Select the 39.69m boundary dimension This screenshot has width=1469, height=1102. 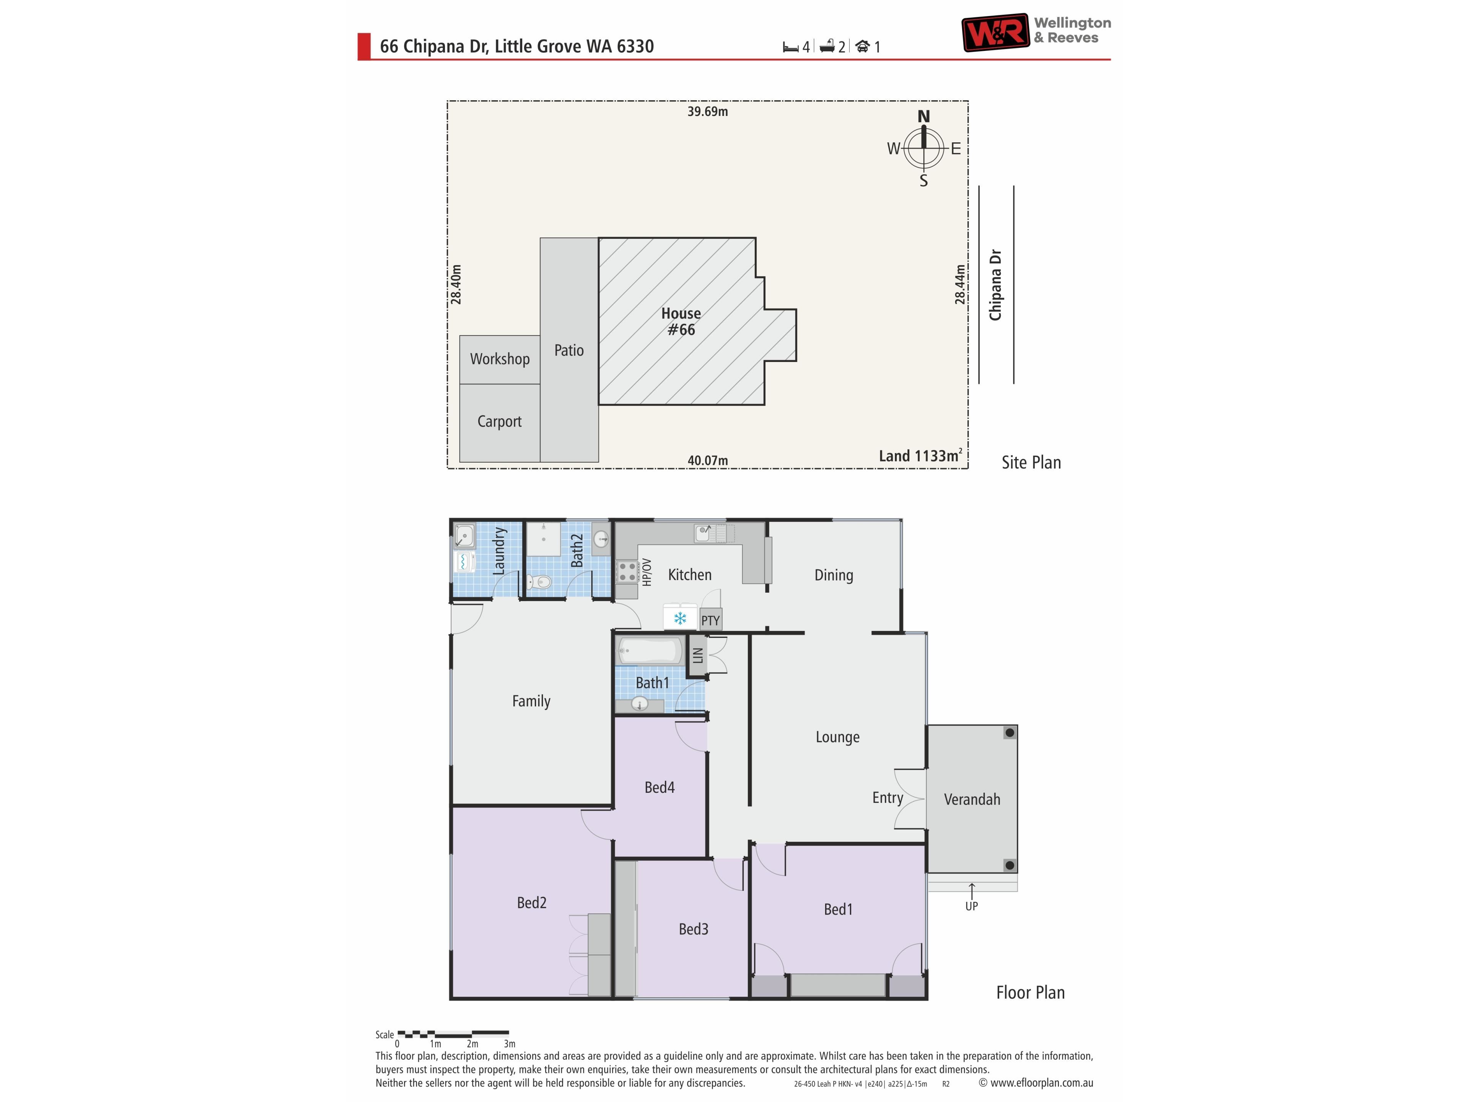pyautogui.click(x=707, y=112)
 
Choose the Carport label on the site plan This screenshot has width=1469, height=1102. pyautogui.click(x=499, y=421)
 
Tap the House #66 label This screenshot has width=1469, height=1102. pyautogui.click(x=681, y=321)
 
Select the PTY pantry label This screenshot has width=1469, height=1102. pyautogui.click(x=710, y=620)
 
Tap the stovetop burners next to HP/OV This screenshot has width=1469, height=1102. pyautogui.click(x=627, y=572)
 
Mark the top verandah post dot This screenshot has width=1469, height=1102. pyautogui.click(x=1010, y=733)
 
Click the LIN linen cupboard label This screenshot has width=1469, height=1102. pyautogui.click(x=697, y=655)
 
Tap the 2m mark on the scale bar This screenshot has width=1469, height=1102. pyautogui.click(x=472, y=1043)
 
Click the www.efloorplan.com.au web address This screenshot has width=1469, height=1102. pyautogui.click(x=1041, y=1083)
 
